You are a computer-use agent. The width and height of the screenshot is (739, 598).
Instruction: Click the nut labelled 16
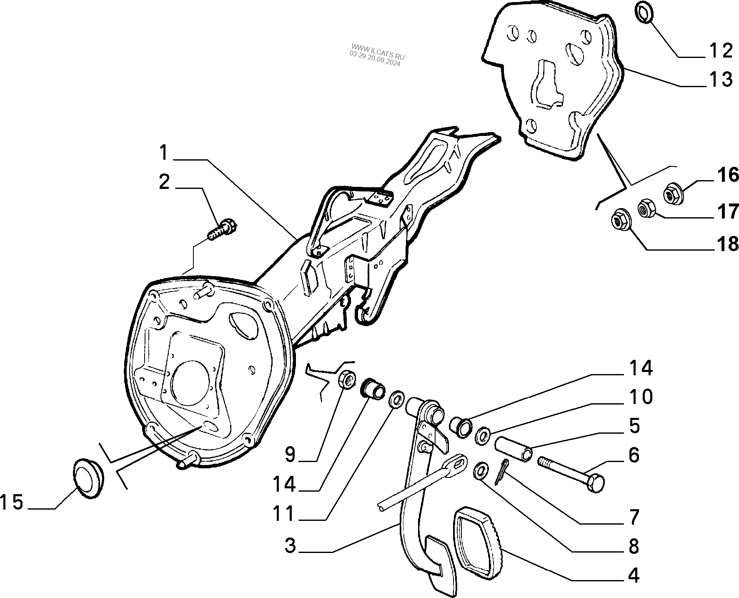pyautogui.click(x=672, y=193)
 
